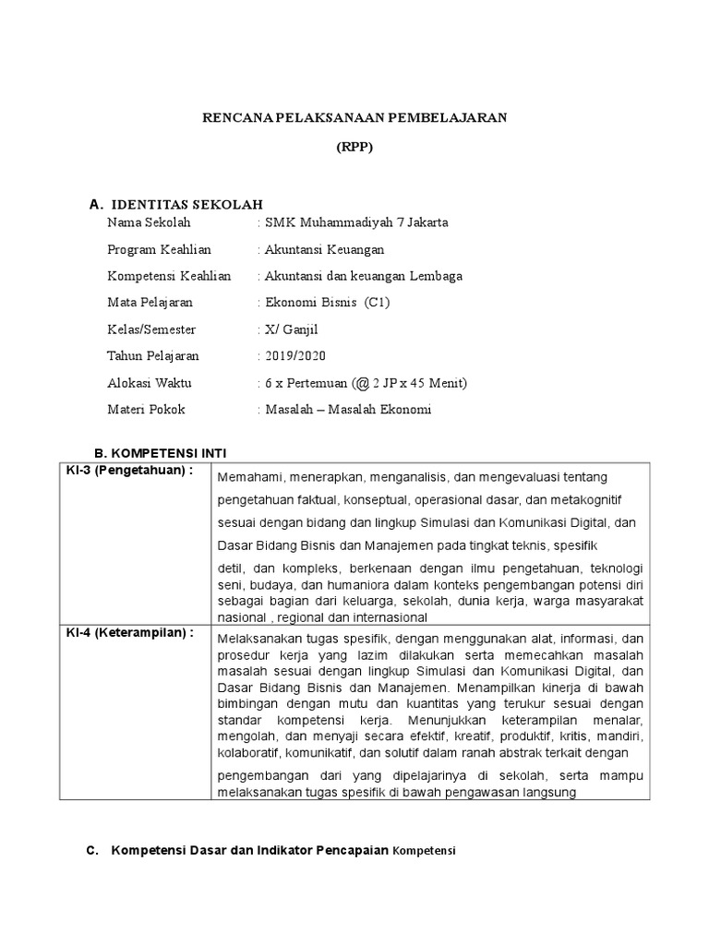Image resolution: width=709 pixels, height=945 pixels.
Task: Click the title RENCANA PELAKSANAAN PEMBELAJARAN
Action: (355, 118)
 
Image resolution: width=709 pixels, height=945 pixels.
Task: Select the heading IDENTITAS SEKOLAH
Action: (187, 203)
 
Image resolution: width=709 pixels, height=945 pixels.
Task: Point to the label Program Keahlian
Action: (159, 249)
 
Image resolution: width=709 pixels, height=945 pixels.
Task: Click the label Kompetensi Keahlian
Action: (169, 276)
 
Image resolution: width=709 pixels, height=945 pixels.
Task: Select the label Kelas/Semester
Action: (151, 329)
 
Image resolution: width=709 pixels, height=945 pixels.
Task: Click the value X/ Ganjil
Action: (287, 329)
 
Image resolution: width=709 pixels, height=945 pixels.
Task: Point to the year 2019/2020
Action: (294, 356)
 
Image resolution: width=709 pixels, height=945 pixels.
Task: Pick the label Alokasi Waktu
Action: (150, 383)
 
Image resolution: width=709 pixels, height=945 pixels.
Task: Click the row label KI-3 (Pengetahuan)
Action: (129, 470)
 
